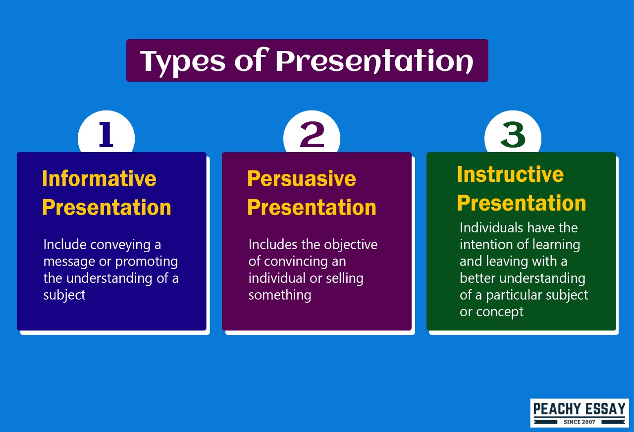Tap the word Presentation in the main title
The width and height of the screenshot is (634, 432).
pyautogui.click(x=374, y=61)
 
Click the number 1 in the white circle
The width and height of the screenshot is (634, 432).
pyautogui.click(x=106, y=135)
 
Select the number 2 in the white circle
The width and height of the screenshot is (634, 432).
pyautogui.click(x=312, y=135)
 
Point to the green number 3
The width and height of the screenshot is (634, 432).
pyautogui.click(x=513, y=135)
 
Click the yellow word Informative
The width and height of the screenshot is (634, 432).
pyautogui.click(x=99, y=178)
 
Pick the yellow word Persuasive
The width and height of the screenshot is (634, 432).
pyautogui.click(x=301, y=178)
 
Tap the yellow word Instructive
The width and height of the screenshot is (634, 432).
pyautogui.click(x=510, y=174)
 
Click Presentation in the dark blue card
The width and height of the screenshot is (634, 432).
pyautogui.click(x=106, y=207)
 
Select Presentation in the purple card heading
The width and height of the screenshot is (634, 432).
pyautogui.click(x=312, y=207)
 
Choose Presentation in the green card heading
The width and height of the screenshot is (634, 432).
pyautogui.click(x=521, y=203)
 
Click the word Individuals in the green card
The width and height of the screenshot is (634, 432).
pyautogui.click(x=491, y=228)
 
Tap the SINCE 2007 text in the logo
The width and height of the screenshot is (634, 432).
pyautogui.click(x=579, y=422)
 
